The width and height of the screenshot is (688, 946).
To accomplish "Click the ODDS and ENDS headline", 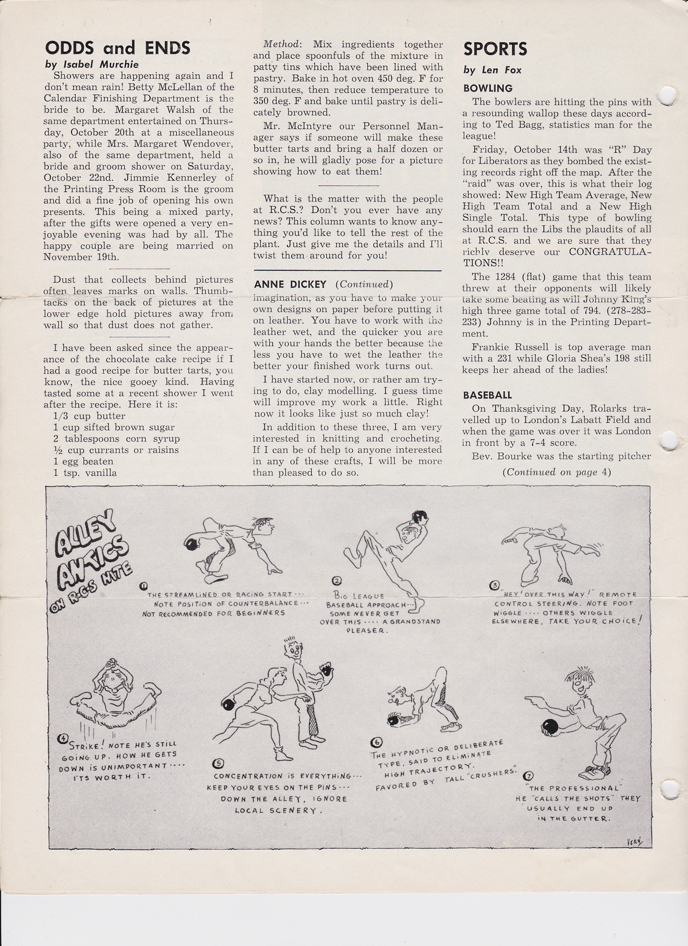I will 117,48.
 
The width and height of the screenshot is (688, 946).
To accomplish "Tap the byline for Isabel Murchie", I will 92,65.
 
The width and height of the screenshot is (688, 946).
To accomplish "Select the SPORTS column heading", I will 495,49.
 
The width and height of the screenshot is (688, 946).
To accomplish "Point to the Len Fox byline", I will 492,70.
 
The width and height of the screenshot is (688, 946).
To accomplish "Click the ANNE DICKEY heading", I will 290,285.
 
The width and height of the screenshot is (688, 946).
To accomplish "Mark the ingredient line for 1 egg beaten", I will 83,461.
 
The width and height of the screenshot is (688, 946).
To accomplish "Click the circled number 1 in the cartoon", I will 143,586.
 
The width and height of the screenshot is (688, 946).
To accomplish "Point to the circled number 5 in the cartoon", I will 218,764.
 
